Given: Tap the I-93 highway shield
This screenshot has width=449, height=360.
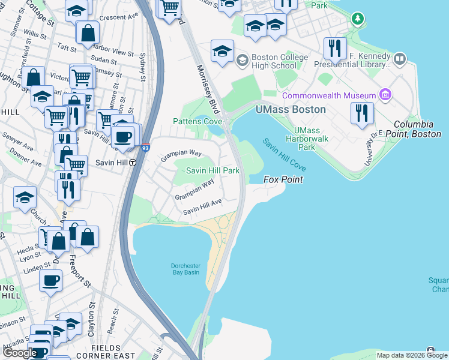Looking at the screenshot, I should (x=146, y=147).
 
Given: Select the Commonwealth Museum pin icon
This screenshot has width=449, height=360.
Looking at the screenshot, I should (x=385, y=95).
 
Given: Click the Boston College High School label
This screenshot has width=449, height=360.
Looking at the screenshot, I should (x=280, y=61).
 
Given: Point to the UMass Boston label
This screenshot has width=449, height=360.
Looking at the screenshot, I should (x=291, y=110).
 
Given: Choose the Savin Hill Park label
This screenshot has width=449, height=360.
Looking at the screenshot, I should (x=212, y=171).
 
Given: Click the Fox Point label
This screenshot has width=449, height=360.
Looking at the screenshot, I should (x=283, y=179).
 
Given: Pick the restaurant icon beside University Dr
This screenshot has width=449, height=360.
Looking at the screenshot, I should (x=362, y=113).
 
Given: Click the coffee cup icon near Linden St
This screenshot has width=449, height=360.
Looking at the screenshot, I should (x=50, y=280).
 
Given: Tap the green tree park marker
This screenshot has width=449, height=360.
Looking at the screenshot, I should (x=358, y=19).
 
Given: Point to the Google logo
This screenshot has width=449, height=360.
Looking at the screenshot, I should (x=20, y=353).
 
